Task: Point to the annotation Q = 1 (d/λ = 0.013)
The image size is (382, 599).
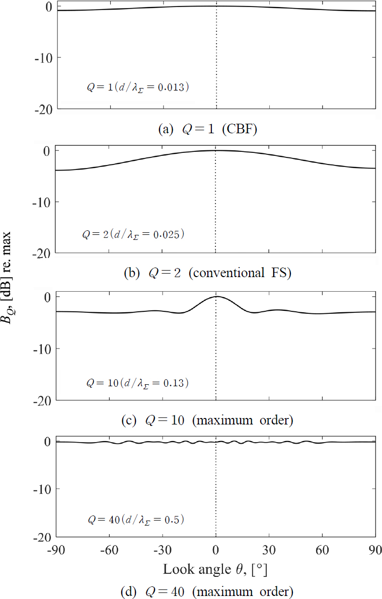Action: [137, 87]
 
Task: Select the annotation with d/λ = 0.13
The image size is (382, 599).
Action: [137, 383]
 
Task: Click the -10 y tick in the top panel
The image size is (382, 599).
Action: [43, 57]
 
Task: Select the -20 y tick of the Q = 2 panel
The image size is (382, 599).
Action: [43, 253]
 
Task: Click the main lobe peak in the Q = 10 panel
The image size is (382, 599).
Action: [217, 297]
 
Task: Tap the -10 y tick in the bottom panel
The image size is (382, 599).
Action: [43, 489]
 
